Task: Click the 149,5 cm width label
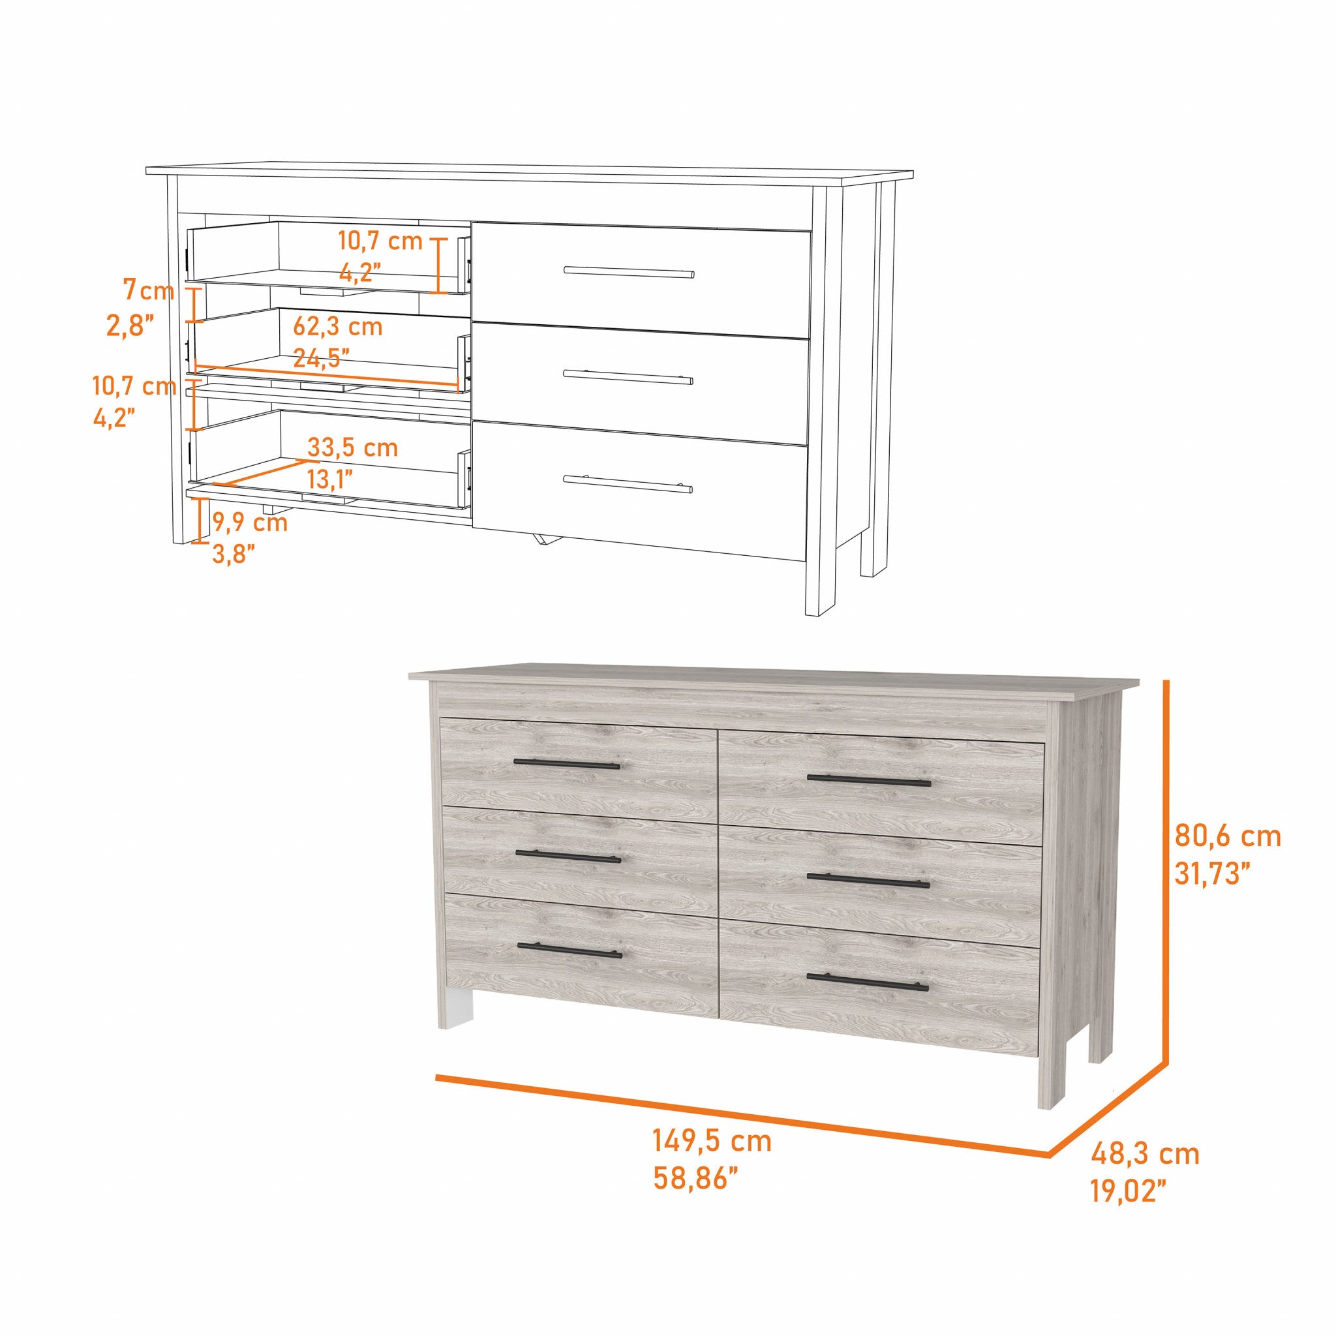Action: (x=712, y=1141)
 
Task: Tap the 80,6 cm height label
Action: (x=1228, y=837)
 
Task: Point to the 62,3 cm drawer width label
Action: (x=337, y=326)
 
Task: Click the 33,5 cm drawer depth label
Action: (x=353, y=448)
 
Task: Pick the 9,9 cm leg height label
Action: (x=250, y=522)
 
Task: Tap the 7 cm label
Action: (x=149, y=290)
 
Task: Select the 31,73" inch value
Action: (x=1212, y=874)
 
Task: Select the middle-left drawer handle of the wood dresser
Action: (x=568, y=857)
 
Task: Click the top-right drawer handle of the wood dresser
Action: (x=869, y=782)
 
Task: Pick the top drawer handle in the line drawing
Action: (x=629, y=272)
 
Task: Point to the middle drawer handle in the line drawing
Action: (x=628, y=377)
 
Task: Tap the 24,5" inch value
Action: (x=321, y=358)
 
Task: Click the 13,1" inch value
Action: (x=330, y=479)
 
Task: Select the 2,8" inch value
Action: (x=129, y=326)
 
